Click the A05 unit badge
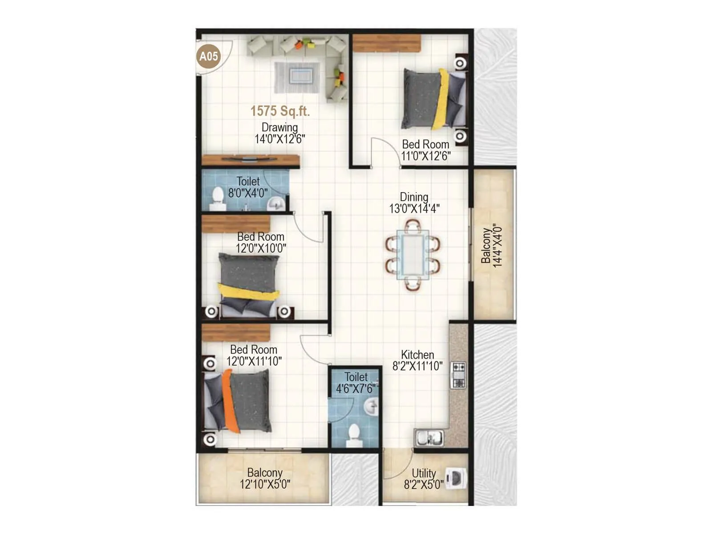(x=209, y=57)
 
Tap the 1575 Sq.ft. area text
(x=280, y=111)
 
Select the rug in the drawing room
(x=297, y=77)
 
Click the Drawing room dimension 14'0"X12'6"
(x=280, y=139)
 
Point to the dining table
(x=413, y=255)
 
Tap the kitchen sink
(x=429, y=437)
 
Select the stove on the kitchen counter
(x=458, y=375)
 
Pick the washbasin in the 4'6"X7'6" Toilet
(x=370, y=406)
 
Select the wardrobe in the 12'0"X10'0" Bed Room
(x=236, y=224)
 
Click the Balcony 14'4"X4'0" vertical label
(x=492, y=246)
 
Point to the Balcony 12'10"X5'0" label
(x=265, y=478)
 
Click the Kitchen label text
(x=417, y=355)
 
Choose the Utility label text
(x=424, y=473)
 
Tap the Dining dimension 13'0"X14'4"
(x=414, y=208)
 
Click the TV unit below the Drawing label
(x=250, y=161)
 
